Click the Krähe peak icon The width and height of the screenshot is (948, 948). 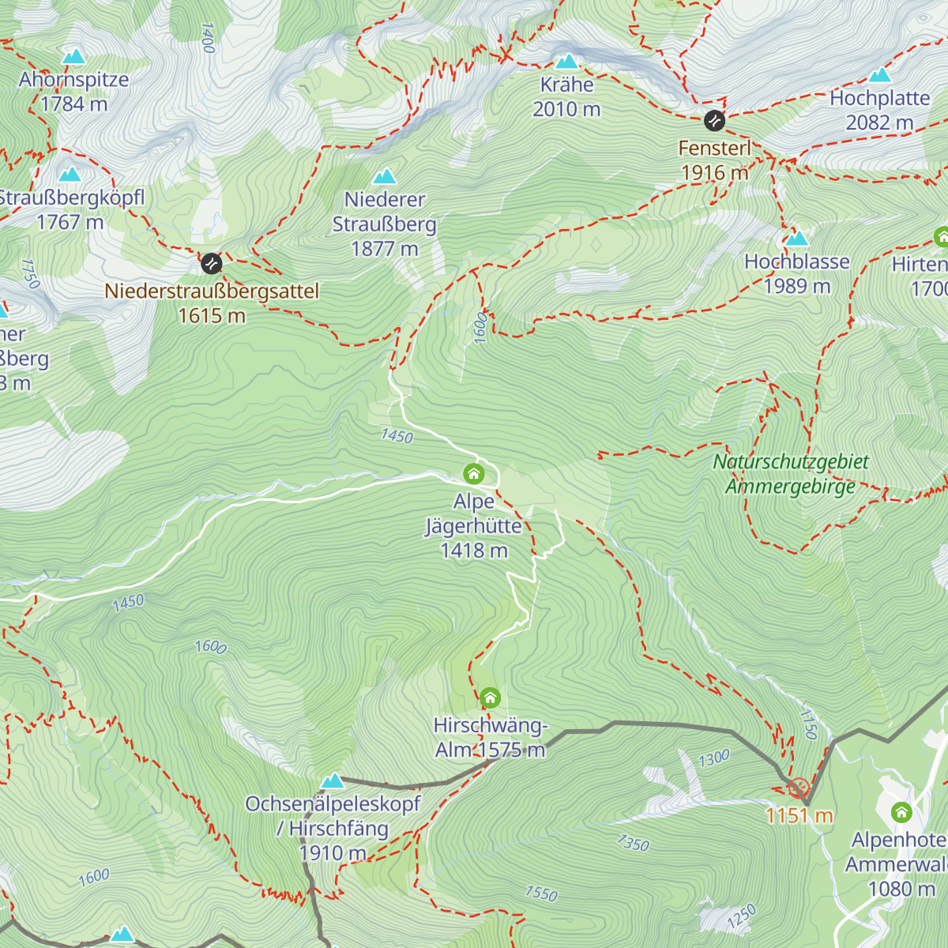(566, 62)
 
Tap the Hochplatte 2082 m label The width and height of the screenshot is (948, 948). (879, 111)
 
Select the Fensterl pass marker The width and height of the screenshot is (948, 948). (714, 121)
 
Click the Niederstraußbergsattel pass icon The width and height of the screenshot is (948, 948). (211, 263)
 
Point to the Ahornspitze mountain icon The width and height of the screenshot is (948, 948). (74, 56)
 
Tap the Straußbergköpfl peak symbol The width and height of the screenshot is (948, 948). (70, 175)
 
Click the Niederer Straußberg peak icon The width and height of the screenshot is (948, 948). (384, 176)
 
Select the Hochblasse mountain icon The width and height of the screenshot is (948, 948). (796, 239)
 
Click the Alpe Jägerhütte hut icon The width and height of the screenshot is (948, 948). (473, 474)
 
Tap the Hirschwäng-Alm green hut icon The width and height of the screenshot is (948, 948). (490, 698)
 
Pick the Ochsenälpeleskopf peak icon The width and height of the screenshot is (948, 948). (333, 781)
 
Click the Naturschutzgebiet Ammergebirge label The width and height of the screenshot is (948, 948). (790, 474)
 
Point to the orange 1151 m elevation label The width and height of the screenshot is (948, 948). (799, 815)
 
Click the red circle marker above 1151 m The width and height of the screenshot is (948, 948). (798, 788)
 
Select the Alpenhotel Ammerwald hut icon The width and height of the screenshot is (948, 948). (901, 812)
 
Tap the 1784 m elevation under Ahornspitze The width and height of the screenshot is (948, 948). (73, 103)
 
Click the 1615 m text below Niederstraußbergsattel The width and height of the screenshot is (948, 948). (212, 316)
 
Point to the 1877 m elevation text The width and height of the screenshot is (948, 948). (385, 249)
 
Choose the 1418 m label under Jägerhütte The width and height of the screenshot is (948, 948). (474, 551)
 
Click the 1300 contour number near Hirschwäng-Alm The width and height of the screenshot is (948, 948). (714, 758)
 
